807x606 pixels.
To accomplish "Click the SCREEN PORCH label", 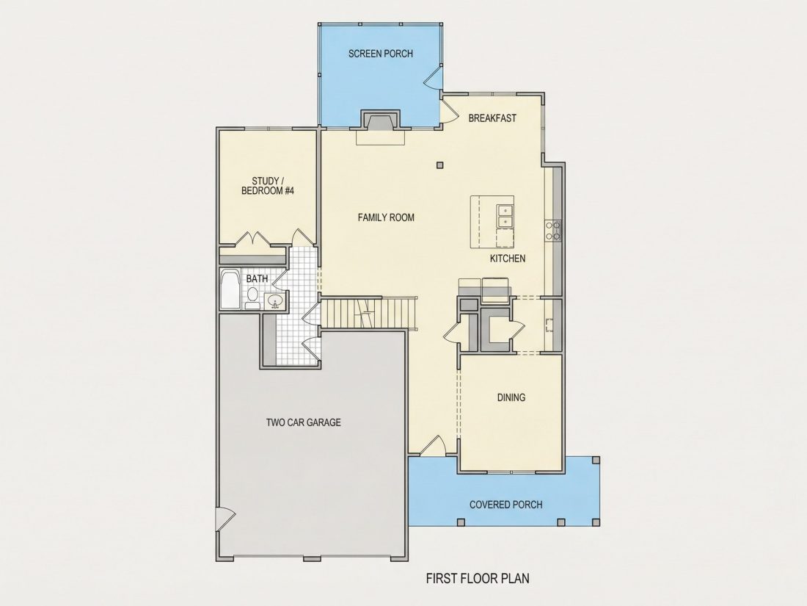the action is point(380,54).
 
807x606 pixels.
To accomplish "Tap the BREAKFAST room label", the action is point(492,118).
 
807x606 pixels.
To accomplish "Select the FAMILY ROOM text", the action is point(386,217).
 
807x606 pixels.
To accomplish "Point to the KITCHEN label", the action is point(508,258).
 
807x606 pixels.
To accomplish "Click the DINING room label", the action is point(511,397).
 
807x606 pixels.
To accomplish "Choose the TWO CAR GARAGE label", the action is point(303,422).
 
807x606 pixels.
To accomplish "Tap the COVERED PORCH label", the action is point(506,505).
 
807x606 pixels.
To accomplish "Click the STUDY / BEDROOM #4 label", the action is point(268,186).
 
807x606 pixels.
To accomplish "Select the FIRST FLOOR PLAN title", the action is point(478,578).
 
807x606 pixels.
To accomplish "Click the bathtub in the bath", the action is point(230,289).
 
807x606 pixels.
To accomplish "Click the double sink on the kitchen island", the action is point(505,216).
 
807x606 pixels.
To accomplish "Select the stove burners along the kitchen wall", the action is point(553,231).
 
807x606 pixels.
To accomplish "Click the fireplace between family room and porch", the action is point(380,122).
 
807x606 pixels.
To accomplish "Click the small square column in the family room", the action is point(439,165).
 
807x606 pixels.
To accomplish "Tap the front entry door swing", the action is point(434,447).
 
